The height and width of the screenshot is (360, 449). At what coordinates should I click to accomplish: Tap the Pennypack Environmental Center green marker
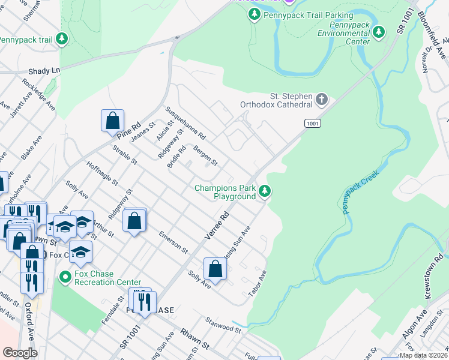(379, 32)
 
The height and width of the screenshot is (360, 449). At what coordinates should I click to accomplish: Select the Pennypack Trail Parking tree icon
(255, 14)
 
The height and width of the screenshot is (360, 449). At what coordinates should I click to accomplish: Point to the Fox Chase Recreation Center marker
(65, 277)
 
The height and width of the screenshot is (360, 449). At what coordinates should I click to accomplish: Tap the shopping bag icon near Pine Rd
(112, 121)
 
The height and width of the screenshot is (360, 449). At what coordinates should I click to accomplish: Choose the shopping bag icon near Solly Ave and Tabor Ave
(215, 269)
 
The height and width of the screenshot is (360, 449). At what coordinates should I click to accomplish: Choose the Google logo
(20, 353)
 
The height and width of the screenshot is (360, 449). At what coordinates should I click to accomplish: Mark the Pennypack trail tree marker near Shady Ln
(62, 39)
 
